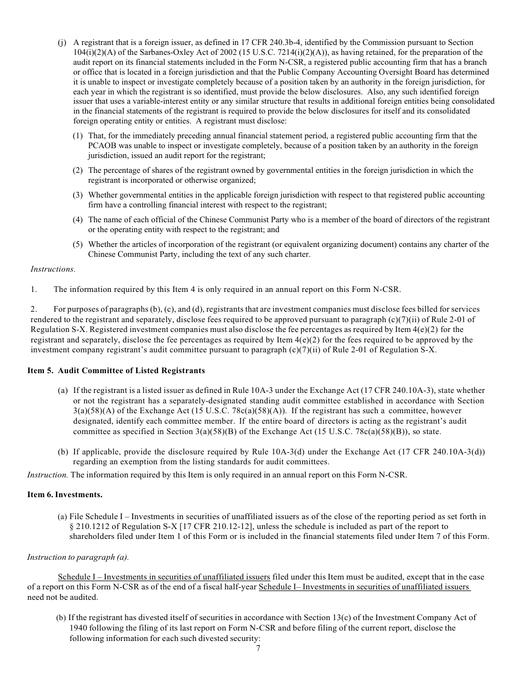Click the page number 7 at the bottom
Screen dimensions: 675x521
click(258, 648)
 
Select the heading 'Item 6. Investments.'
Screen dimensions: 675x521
click(65, 494)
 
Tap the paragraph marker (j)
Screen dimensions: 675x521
click(63, 43)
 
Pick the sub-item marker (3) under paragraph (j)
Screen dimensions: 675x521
click(78, 195)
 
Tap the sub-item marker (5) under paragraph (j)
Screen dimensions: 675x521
click(78, 244)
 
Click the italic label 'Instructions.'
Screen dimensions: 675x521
click(53, 269)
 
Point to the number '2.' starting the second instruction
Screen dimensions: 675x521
click(33, 310)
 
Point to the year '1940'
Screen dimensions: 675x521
click(80, 627)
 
